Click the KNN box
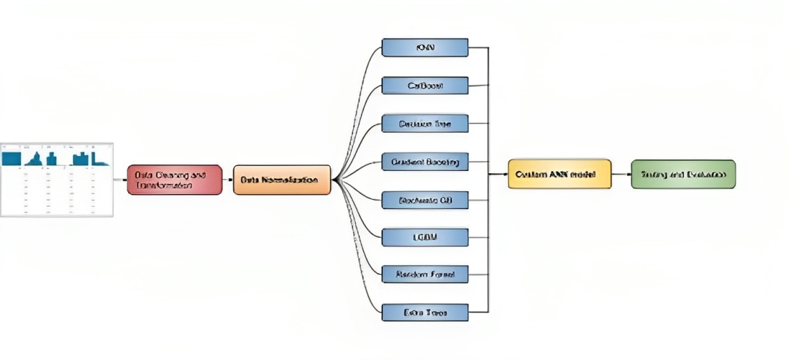pos(425,48)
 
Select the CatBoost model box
pos(425,86)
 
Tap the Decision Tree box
pos(425,124)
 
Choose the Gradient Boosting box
pos(425,162)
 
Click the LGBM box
pos(425,237)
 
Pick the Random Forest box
pos(425,274)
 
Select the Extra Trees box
pos(425,312)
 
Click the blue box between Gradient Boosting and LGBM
pos(425,200)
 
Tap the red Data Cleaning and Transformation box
pos(175,180)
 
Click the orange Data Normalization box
pos(282,180)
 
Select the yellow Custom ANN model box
pos(560,174)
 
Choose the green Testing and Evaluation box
pos(683,174)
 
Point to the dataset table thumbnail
pos(57,179)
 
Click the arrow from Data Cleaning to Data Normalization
pos(228,180)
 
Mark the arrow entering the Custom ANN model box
pos(499,174)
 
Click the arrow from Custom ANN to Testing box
pos(621,174)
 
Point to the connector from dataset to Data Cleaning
pos(120,180)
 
